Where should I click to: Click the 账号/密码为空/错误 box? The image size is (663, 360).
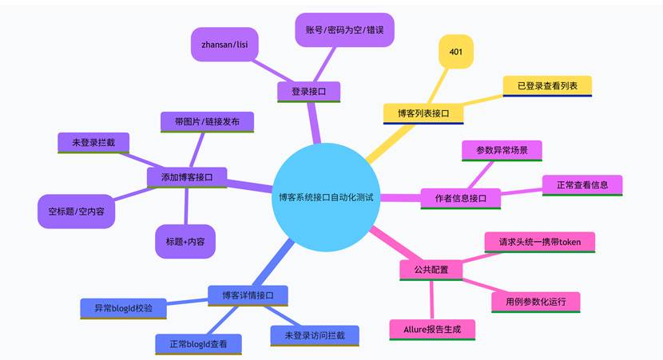(x=345, y=30)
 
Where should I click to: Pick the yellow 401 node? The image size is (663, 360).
(x=456, y=53)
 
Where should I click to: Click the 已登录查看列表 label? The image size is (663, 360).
(x=547, y=85)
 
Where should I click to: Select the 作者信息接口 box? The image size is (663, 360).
(x=461, y=198)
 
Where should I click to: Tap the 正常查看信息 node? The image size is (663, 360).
(x=582, y=184)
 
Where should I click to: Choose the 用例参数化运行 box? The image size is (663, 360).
(x=535, y=302)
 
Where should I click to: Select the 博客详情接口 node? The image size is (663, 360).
(x=248, y=295)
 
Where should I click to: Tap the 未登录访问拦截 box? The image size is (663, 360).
(x=314, y=334)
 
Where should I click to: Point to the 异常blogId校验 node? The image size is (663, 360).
(x=124, y=307)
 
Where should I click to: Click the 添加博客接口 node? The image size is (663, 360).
(x=187, y=176)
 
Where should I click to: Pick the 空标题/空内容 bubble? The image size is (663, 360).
(x=77, y=212)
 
